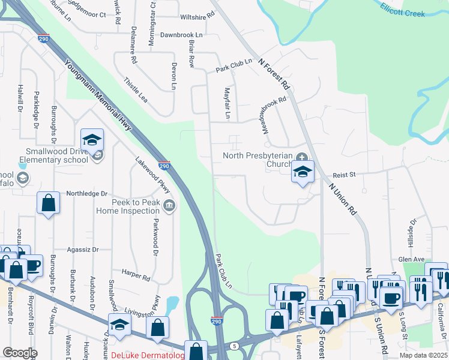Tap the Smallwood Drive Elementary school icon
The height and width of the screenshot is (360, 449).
[92, 140]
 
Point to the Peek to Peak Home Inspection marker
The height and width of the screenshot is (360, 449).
[169, 206]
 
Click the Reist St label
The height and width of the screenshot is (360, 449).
[345, 175]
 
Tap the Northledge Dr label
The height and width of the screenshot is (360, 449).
[86, 194]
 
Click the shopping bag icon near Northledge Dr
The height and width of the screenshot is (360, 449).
[49, 203]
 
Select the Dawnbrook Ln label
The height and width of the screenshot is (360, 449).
[181, 35]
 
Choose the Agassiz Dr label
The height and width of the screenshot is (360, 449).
[83, 249]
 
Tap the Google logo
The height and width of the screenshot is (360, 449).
[20, 353]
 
